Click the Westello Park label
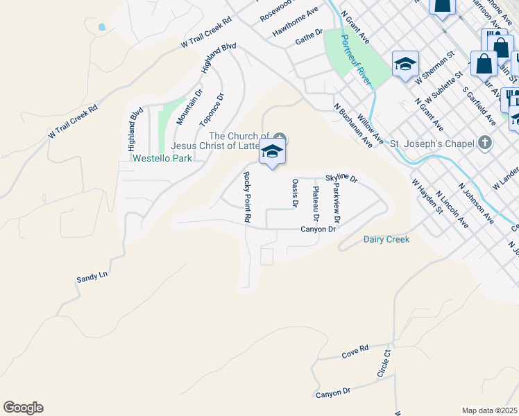tap(162, 158)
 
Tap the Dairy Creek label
tap(386, 239)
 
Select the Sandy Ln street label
tap(92, 277)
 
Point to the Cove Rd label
tap(355, 354)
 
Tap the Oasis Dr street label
tap(295, 193)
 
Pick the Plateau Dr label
tap(316, 200)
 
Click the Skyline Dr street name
tap(341, 179)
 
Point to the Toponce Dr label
tap(212, 109)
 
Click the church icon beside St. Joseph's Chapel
tap(485, 144)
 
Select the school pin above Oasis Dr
tap(272, 151)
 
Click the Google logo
tap(23, 408)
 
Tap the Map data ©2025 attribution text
tap(488, 410)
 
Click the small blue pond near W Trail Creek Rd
tap(103, 27)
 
